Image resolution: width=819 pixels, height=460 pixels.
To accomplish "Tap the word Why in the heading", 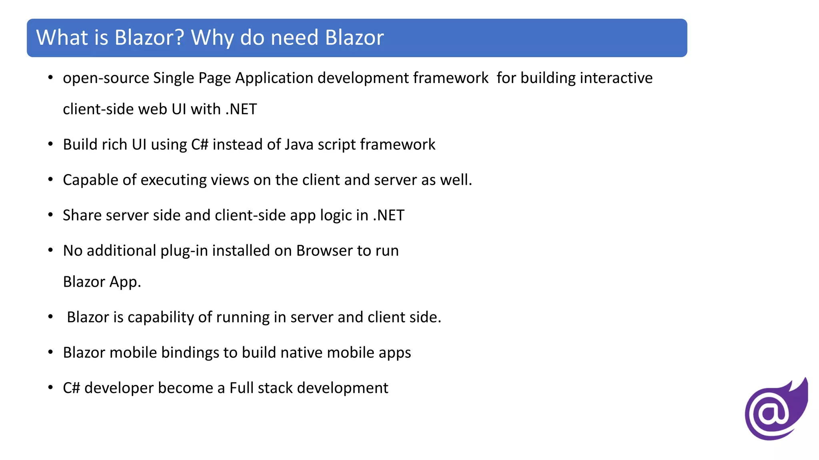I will coord(212,38).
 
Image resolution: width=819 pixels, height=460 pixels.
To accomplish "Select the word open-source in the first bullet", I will coord(106,78).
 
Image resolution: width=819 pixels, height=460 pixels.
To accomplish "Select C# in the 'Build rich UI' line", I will coord(200,145).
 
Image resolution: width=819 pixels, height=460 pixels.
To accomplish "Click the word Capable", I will coord(90,180).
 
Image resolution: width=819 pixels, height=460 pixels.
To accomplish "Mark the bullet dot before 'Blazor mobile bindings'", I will coord(50,352).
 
